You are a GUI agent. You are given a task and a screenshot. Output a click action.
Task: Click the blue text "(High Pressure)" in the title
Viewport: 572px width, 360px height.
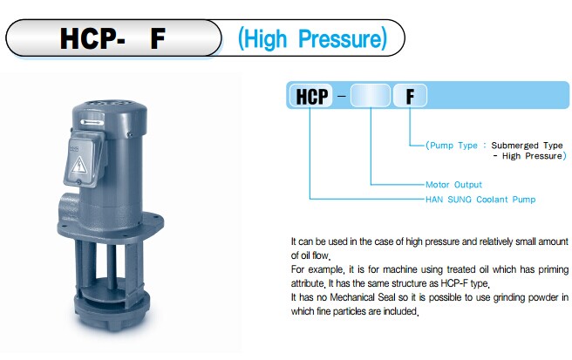pyautogui.click(x=312, y=39)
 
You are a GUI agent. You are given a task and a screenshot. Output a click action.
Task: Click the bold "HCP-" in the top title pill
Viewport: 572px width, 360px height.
pyautogui.click(x=92, y=38)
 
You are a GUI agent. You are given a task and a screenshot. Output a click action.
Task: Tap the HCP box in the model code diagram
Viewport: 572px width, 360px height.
pyautogui.click(x=311, y=96)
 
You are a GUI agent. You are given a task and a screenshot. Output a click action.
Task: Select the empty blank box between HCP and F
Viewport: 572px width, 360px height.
pyautogui.click(x=371, y=96)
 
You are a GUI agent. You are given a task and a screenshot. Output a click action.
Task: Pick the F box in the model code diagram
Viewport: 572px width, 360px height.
pyautogui.click(x=410, y=96)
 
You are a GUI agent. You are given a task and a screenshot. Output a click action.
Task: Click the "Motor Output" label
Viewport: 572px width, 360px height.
pyautogui.click(x=453, y=185)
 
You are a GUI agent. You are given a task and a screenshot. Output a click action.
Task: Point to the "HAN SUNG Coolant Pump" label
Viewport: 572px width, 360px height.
pyautogui.click(x=480, y=200)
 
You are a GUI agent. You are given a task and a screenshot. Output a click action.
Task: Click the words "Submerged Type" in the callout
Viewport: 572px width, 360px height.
pyautogui.click(x=527, y=146)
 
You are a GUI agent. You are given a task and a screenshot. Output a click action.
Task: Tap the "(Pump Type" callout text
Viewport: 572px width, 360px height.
pyautogui.click(x=452, y=146)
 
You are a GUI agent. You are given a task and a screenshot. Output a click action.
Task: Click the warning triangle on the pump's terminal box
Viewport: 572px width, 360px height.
pyautogui.click(x=78, y=166)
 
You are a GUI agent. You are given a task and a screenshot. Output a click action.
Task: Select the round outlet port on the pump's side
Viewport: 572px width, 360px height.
pyautogui.click(x=67, y=208)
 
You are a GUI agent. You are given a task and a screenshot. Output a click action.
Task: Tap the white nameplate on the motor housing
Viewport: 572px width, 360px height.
pyautogui.click(x=92, y=122)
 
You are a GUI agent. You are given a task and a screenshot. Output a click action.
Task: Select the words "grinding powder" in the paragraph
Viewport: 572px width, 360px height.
pyautogui.click(x=525, y=297)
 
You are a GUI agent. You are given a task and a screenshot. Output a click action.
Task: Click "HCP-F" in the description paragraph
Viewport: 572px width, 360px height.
pyautogui.click(x=453, y=283)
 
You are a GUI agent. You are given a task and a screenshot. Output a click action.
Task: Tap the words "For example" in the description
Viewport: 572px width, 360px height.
pyautogui.click(x=317, y=269)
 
